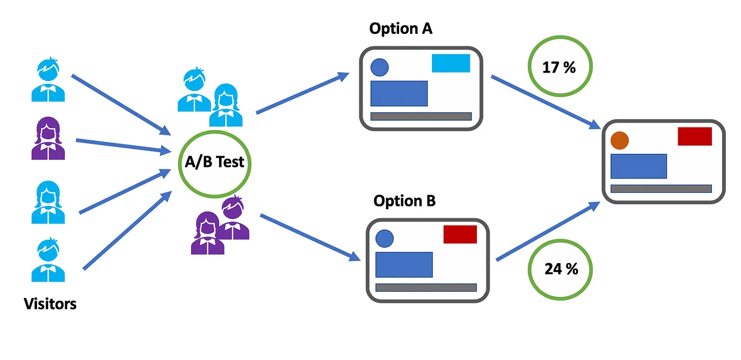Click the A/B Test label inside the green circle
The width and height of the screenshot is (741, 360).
point(214,161)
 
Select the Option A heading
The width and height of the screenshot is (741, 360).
point(401,29)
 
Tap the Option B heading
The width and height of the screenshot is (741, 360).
point(404,201)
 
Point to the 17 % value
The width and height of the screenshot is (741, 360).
point(559,68)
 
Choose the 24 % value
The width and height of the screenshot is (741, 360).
point(561,269)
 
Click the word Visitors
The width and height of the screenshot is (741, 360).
point(50,304)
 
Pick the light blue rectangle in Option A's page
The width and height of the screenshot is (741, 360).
point(451,63)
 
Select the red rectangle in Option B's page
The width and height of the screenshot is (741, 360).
point(460,235)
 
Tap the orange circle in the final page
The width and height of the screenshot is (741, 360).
point(619,141)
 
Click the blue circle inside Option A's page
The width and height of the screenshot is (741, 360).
point(379,67)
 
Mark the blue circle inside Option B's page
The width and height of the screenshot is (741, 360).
point(384,238)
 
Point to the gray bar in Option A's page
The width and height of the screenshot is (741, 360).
point(421,116)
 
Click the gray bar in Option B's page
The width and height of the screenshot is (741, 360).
point(426,287)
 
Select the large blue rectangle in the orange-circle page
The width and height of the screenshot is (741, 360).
point(638,166)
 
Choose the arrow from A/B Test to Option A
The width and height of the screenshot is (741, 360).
point(302,94)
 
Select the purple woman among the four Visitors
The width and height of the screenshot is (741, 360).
point(48,139)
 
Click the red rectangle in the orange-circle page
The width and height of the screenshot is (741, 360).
point(694,136)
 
